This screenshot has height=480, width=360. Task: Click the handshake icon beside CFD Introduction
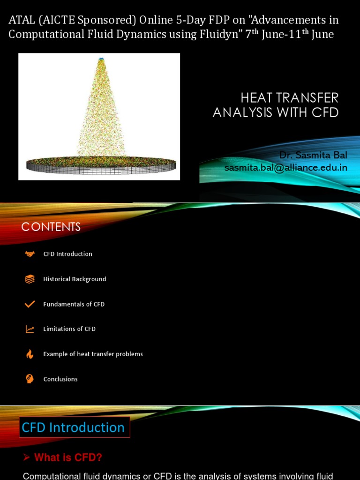30,254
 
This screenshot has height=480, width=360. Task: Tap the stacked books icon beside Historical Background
30,279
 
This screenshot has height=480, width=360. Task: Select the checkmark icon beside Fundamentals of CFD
30,304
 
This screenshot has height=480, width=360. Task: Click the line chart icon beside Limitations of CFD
30,329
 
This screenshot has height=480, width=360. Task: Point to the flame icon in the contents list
30,354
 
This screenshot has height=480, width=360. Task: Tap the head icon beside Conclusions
30,379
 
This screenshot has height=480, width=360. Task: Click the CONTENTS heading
51,227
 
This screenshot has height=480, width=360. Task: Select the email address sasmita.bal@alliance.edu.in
285,167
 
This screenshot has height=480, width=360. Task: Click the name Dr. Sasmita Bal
313,155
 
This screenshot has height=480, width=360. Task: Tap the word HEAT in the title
257,98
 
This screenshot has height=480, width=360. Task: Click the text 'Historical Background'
75,279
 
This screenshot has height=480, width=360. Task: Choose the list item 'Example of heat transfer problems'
93,354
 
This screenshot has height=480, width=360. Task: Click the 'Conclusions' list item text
60,379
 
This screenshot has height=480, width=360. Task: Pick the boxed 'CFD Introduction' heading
74,427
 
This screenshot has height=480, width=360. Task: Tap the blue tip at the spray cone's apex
101,60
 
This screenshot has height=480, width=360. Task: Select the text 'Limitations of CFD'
69,329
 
